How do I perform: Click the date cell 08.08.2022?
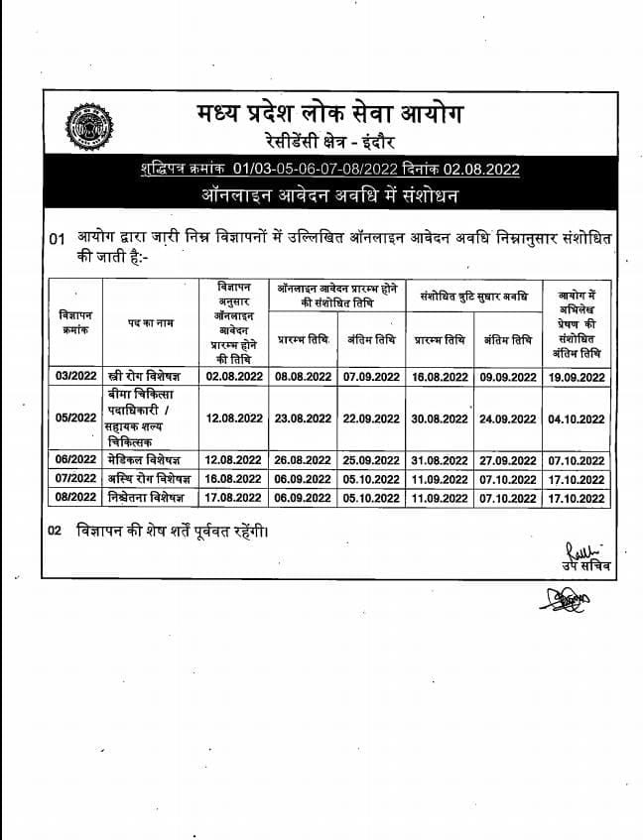[x=304, y=377]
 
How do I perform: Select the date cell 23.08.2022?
[x=304, y=419]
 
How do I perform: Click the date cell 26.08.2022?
[x=304, y=460]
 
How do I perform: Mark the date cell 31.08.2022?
[x=440, y=460]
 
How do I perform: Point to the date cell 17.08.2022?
[x=234, y=496]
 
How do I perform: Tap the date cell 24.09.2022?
[x=508, y=419]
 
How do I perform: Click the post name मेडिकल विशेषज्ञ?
[x=147, y=460]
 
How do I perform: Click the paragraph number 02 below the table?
[x=56, y=531]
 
